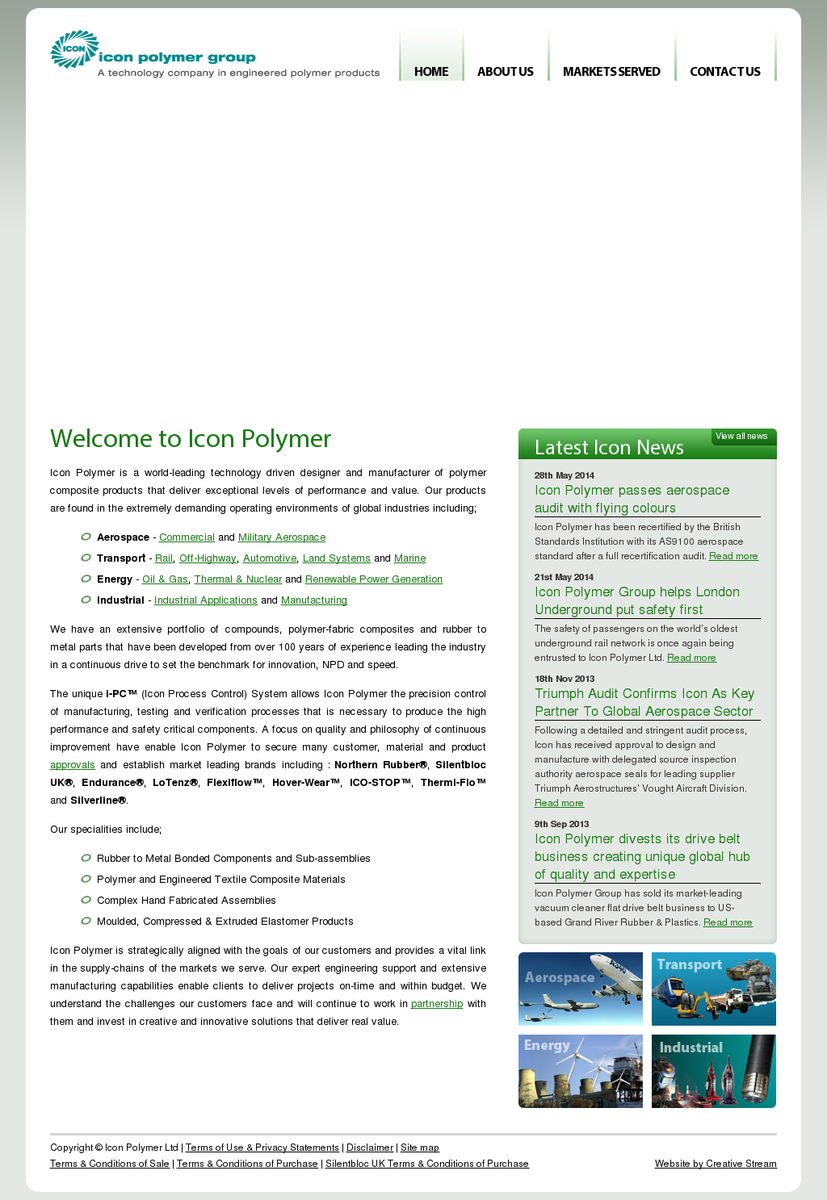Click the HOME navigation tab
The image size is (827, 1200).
(x=431, y=71)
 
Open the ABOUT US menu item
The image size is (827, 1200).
(x=506, y=71)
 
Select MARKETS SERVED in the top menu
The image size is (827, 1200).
(x=611, y=71)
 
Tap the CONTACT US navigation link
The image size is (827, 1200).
(x=725, y=71)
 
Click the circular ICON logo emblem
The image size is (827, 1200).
(x=74, y=49)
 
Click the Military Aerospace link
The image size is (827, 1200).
(x=282, y=537)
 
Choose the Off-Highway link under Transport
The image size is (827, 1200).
(x=208, y=558)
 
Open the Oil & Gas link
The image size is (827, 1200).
(x=165, y=579)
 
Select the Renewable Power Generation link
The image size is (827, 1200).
(x=374, y=579)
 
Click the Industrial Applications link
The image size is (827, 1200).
(x=206, y=600)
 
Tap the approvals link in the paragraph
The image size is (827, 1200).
(x=73, y=765)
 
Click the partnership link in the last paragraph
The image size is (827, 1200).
(x=437, y=1004)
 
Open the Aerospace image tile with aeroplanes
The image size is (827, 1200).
(x=581, y=989)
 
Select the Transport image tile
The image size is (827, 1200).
(x=714, y=989)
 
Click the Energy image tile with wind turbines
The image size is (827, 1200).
(x=581, y=1072)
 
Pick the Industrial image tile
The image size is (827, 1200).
(x=714, y=1072)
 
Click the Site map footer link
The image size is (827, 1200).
(x=420, y=1148)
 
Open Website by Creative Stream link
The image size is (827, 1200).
(x=716, y=1164)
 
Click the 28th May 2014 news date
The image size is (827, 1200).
(x=565, y=475)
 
